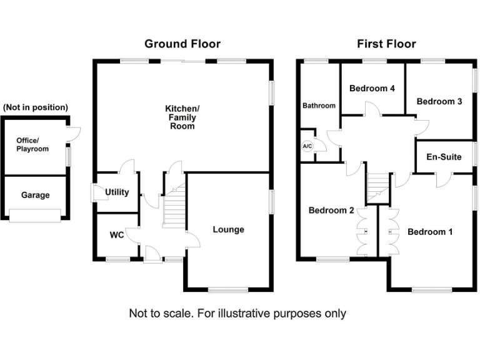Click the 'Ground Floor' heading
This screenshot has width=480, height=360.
click(182, 44)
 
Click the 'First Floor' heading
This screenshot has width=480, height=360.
click(386, 44)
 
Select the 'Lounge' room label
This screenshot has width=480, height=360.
click(228, 229)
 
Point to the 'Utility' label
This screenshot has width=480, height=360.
click(117, 192)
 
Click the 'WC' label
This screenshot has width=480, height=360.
click(117, 235)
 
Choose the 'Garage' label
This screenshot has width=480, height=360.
click(35, 195)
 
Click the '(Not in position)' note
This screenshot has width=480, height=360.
click(36, 107)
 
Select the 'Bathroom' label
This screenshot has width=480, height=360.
click(319, 106)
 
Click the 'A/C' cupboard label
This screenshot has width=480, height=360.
click(307, 146)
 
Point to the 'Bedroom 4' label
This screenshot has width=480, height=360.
click(372, 88)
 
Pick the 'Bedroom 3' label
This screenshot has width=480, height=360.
click(439, 101)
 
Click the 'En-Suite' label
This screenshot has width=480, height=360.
click(444, 156)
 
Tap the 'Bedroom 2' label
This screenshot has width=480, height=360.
click(331, 211)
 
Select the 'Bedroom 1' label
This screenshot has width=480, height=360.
click(430, 232)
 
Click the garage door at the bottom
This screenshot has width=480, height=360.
click(35, 216)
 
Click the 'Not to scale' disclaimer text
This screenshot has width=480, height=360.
click(237, 313)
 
